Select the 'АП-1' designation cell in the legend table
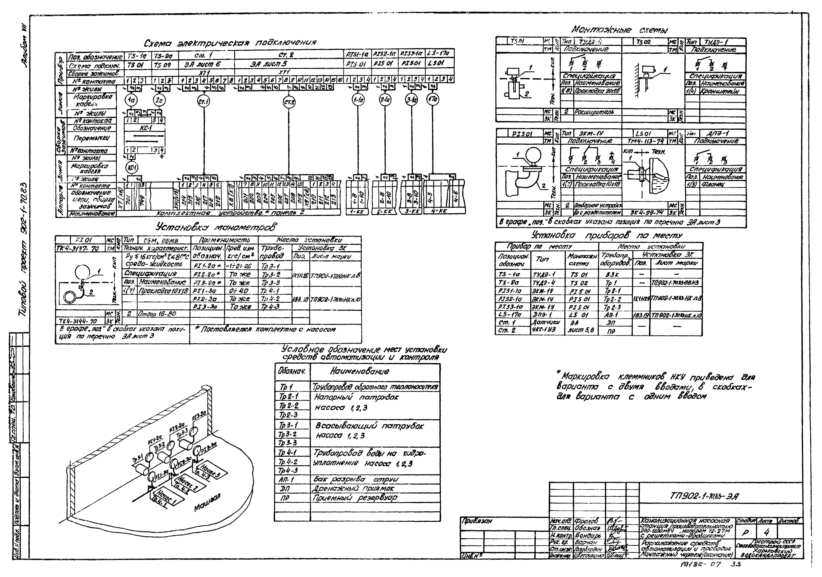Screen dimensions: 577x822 286,479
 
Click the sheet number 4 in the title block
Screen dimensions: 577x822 766,533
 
